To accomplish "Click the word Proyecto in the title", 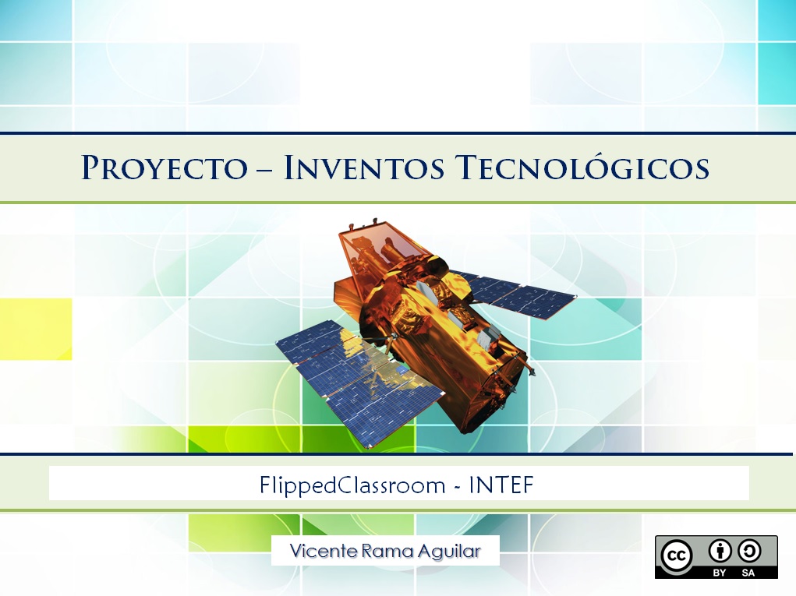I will pyautogui.click(x=165, y=168).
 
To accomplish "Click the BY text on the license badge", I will pyautogui.click(x=720, y=572).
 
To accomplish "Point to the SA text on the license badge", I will pyautogui.click(x=749, y=572).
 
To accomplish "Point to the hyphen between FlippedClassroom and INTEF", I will pyautogui.click(x=460, y=487).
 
